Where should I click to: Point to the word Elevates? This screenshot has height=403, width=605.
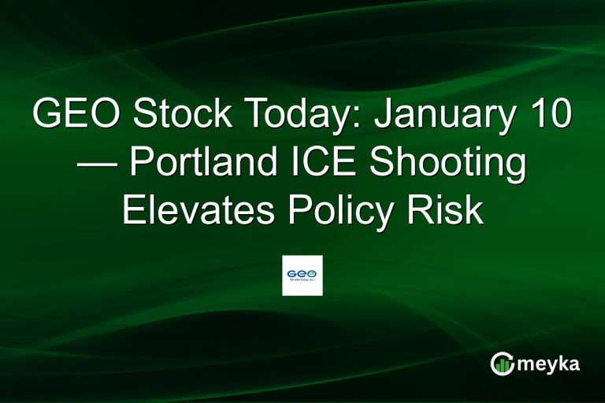point(197,212)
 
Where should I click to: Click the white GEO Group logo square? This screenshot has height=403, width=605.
point(302,275)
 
